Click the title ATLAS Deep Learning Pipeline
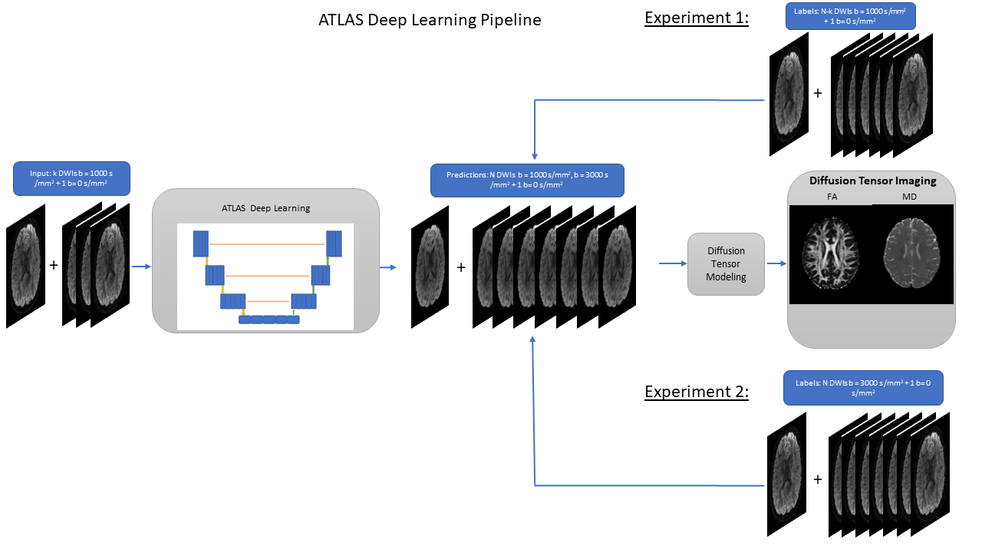click(x=430, y=21)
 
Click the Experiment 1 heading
click(x=697, y=18)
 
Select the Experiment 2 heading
click(x=697, y=392)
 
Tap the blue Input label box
click(x=71, y=177)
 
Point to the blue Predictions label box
click(x=526, y=180)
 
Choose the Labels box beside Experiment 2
click(x=862, y=387)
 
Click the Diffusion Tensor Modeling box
click(x=726, y=263)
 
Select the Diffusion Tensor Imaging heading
click(x=872, y=181)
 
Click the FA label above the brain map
click(x=832, y=197)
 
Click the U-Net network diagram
click(x=265, y=276)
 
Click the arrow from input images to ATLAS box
click(x=141, y=267)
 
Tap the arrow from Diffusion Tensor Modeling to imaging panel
click(x=777, y=263)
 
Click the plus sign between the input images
click(x=54, y=265)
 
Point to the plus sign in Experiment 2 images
click(x=817, y=478)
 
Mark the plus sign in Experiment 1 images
click(x=817, y=93)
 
